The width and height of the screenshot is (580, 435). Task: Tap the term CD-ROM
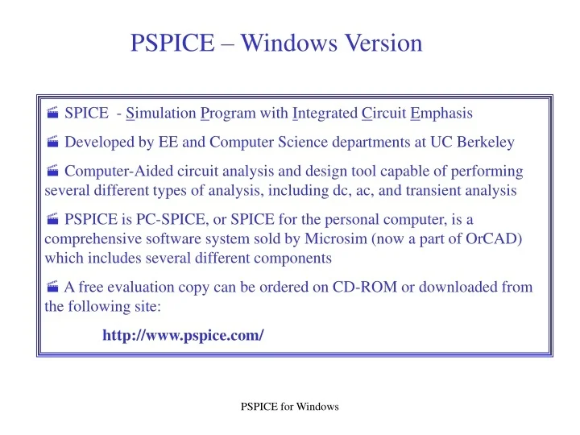(x=364, y=288)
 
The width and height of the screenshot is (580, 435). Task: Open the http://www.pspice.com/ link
(x=183, y=335)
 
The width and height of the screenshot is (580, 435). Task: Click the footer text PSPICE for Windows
(x=290, y=407)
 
